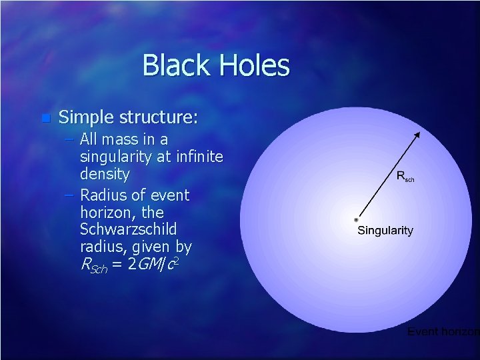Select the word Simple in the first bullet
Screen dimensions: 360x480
(86, 118)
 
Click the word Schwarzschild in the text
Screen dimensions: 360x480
(128, 229)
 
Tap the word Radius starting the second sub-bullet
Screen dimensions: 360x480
(102, 195)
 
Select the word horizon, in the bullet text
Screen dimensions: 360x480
(109, 213)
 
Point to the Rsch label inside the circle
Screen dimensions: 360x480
(405, 177)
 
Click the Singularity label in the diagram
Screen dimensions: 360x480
(385, 231)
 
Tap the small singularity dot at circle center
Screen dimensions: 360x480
(357, 219)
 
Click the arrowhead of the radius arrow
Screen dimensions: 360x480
(417, 134)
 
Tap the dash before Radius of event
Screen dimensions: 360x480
(70, 196)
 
